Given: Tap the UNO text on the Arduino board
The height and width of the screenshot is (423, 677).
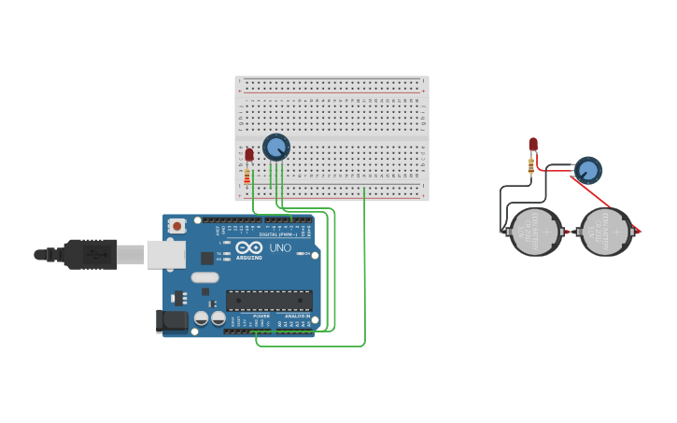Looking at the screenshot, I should click(281, 248).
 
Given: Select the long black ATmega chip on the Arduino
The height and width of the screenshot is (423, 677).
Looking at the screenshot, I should click(269, 300).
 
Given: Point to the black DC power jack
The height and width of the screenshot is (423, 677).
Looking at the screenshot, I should click(172, 321).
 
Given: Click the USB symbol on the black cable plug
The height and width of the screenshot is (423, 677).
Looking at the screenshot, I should click(92, 254).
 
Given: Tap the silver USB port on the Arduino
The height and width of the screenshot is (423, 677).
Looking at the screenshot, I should click(165, 254).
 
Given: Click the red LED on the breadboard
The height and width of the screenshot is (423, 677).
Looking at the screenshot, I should click(248, 155).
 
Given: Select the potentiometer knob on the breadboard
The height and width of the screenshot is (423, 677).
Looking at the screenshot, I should click(275, 147).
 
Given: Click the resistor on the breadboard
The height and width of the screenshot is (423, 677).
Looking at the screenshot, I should click(247, 176).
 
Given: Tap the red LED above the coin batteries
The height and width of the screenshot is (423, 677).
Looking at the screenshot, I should click(533, 144).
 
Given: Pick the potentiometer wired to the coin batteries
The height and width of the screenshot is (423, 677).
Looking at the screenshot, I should click(587, 171).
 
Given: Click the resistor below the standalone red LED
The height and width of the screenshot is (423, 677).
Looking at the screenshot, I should click(532, 165).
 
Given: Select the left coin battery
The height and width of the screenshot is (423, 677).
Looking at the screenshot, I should click(535, 232).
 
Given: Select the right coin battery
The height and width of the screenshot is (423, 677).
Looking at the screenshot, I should click(607, 232).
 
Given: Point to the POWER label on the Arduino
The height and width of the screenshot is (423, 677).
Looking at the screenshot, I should click(261, 316).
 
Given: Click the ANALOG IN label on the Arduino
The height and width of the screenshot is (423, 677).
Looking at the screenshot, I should click(297, 316).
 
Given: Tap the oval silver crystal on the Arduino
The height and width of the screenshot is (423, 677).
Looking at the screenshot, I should click(205, 277).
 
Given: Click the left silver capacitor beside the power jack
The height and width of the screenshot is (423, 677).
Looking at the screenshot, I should click(201, 318).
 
